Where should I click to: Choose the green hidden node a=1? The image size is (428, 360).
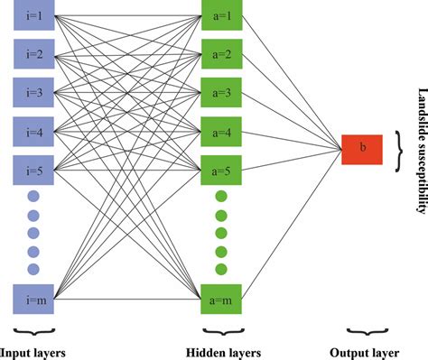click(220, 17)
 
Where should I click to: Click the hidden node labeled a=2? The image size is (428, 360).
click(220, 55)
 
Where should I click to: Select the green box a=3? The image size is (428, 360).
click(220, 93)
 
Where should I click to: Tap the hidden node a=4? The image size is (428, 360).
click(220, 131)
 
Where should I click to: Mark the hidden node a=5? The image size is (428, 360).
click(220, 169)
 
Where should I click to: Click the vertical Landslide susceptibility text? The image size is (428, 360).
click(419, 150)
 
